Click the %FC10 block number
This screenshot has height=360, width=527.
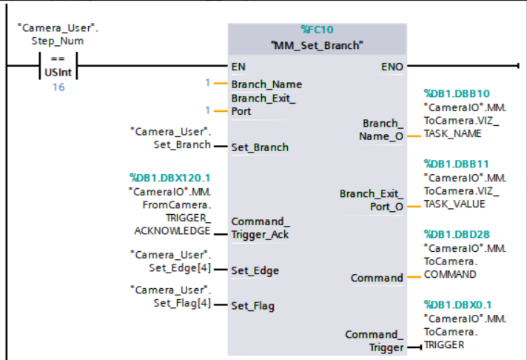coord(318,30)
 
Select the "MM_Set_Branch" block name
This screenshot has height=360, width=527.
coord(318,45)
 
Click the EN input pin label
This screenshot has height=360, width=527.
coord(238,67)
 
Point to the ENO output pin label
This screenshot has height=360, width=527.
coord(392,67)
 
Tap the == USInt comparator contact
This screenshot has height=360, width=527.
coord(58,66)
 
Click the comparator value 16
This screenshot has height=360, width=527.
coord(58,87)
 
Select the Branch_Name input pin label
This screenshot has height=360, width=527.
coord(266,84)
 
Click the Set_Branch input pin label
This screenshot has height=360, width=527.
coord(260,147)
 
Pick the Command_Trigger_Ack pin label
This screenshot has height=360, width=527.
coord(260,228)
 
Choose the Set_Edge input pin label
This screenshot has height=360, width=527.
coord(255,271)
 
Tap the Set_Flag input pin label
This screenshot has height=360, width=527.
coord(254,305)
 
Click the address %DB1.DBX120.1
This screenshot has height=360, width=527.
coord(169,178)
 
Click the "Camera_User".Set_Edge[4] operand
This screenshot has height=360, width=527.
coord(170,261)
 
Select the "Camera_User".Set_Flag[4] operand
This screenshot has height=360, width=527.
coord(170,296)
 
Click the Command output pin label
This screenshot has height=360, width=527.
coord(376,279)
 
